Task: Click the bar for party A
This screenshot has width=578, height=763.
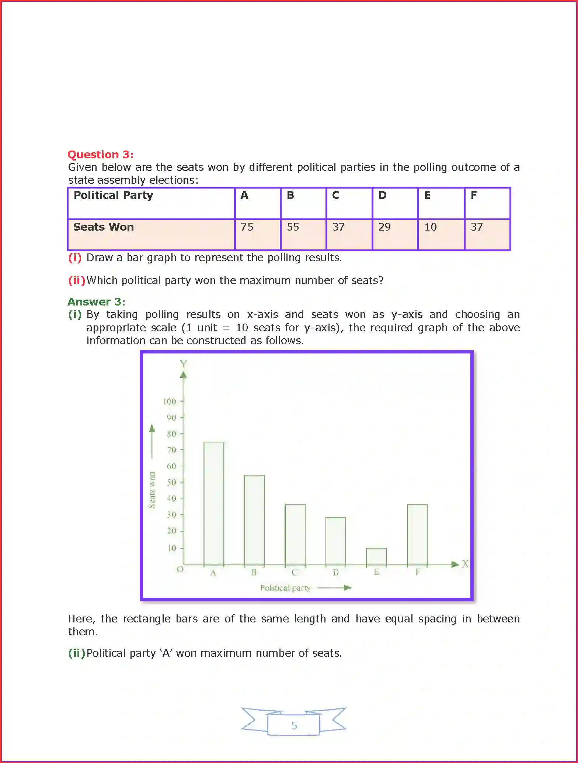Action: point(214,503)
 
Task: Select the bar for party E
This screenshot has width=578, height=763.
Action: point(376,556)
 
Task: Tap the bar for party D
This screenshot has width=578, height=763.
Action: point(335,541)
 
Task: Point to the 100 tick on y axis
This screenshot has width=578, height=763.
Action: point(170,401)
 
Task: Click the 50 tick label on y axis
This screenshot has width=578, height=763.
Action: point(171,482)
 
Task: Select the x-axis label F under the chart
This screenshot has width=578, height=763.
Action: point(418,572)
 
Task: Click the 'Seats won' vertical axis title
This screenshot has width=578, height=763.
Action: point(152,490)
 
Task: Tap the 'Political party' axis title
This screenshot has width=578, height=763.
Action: point(285,588)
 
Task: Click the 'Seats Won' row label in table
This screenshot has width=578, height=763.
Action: point(104,227)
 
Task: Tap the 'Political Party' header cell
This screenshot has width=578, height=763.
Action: point(113,195)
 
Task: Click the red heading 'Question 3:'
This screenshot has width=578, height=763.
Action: point(100,154)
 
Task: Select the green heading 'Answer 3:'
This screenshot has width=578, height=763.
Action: point(96,302)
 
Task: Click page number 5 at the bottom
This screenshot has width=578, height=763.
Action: point(294,725)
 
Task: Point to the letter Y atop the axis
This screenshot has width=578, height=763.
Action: point(183,364)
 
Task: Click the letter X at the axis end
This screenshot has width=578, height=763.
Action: point(465,564)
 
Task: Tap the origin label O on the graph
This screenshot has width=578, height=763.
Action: point(180,569)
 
